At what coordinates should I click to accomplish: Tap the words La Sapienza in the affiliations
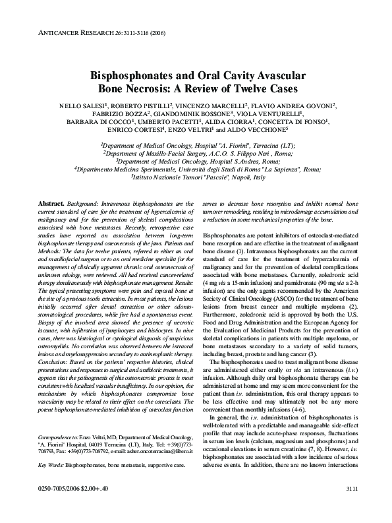point(277,169)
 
